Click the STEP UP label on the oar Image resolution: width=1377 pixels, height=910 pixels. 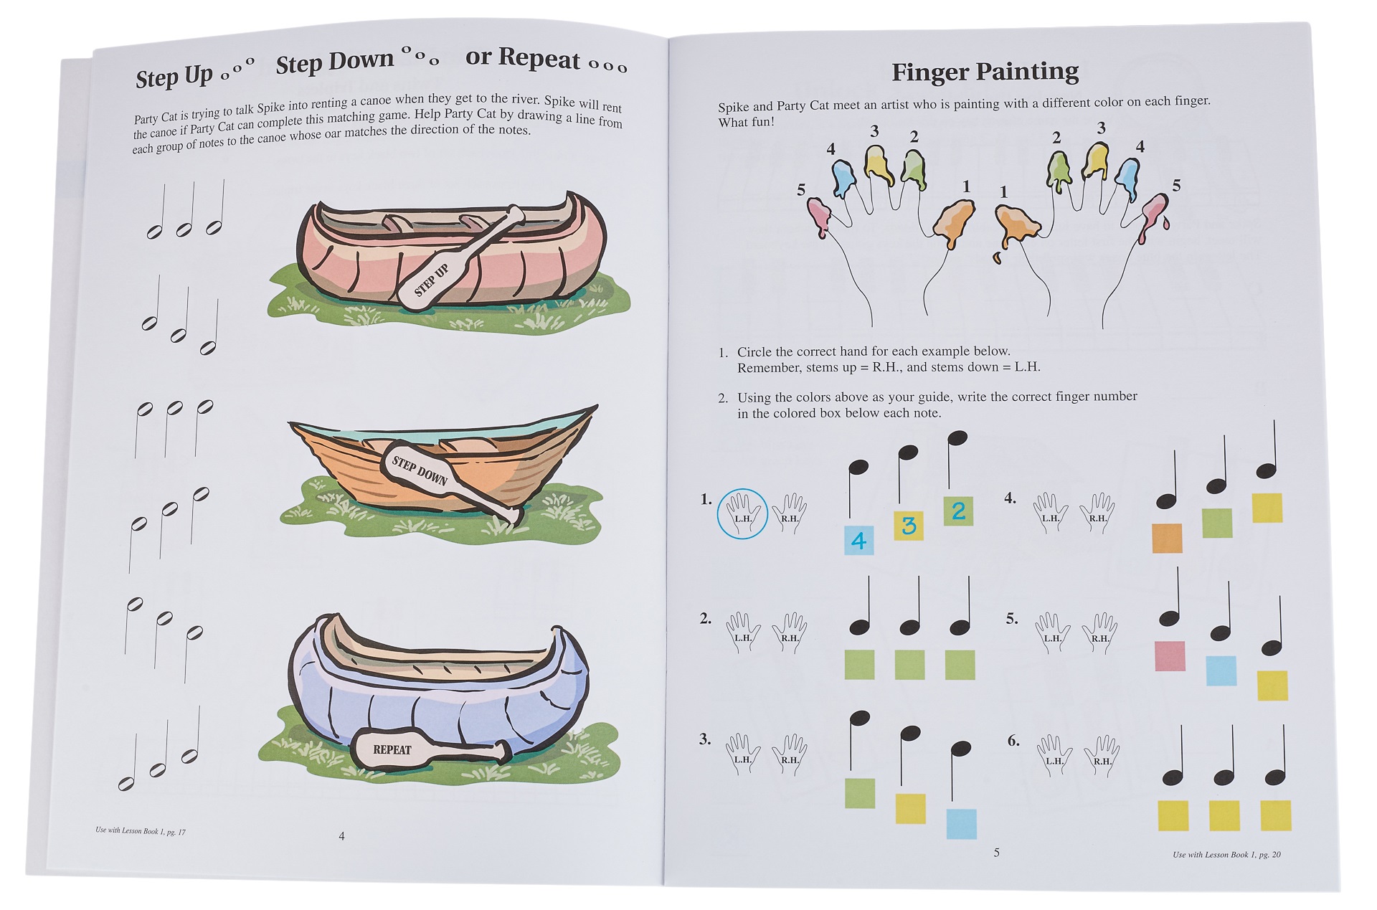(x=432, y=280)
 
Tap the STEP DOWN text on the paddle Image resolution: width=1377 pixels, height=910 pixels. (x=419, y=470)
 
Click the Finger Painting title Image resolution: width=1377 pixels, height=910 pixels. (x=985, y=72)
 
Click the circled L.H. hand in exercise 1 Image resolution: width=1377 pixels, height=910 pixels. (x=742, y=513)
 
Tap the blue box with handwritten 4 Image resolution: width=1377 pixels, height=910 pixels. (x=858, y=540)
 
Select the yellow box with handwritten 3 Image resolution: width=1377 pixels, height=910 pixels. (x=909, y=526)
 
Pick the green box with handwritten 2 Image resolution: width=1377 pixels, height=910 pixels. (x=958, y=511)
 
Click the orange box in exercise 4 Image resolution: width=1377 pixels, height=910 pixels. (x=1167, y=538)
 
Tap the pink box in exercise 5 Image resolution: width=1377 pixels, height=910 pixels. (x=1170, y=656)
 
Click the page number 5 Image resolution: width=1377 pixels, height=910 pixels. (x=996, y=853)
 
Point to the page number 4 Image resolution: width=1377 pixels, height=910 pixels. (x=341, y=836)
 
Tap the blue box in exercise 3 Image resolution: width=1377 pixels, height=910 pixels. (x=961, y=824)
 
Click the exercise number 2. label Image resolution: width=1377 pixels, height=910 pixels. (x=706, y=618)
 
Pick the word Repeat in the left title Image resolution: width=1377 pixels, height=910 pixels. (x=540, y=57)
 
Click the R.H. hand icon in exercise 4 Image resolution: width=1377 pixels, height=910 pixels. (x=1097, y=513)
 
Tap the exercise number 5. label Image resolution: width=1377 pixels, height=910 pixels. (x=1012, y=618)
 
